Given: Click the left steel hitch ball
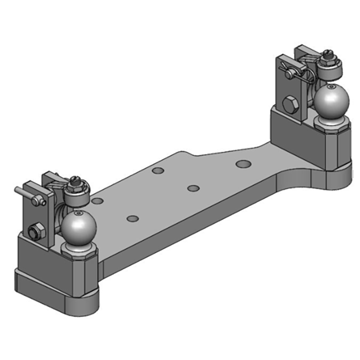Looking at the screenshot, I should [x=79, y=228].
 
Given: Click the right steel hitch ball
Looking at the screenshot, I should [x=332, y=102].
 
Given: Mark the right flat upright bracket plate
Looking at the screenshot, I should [x=287, y=85].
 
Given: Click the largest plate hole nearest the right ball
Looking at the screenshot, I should [x=243, y=163].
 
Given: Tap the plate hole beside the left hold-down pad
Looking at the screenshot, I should [x=97, y=201].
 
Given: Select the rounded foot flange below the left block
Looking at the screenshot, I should [x=58, y=292].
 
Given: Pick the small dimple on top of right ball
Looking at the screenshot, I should [x=332, y=86].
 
